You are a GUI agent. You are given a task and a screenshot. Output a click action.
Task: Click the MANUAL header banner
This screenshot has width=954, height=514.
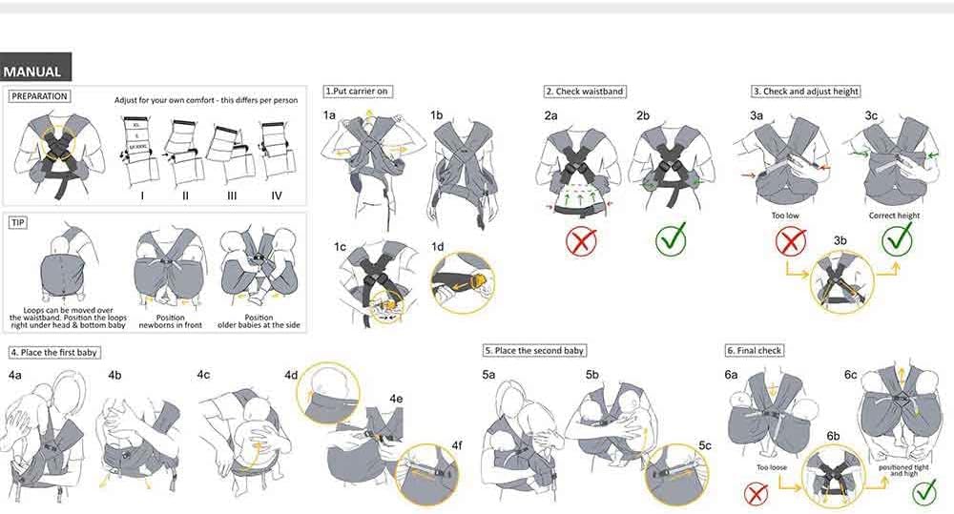tap(34, 72)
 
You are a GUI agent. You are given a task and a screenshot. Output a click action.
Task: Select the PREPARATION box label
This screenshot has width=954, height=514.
tap(39, 96)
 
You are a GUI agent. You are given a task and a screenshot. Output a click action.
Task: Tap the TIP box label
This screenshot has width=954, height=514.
tap(18, 222)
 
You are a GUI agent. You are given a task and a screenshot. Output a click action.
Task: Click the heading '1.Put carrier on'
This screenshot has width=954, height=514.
tap(358, 92)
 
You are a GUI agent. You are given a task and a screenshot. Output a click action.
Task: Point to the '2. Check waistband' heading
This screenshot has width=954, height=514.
tap(585, 92)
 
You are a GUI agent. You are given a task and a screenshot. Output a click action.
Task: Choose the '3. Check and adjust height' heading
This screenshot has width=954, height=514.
tap(805, 92)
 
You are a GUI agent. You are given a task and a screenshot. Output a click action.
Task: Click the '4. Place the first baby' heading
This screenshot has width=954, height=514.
tap(54, 353)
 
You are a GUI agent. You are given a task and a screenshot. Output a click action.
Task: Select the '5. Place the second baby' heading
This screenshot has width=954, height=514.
tap(534, 351)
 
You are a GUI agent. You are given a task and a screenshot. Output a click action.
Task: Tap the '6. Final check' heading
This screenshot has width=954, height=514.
tap(755, 351)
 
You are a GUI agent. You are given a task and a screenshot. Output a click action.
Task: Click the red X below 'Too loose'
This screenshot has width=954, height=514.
tap(757, 493)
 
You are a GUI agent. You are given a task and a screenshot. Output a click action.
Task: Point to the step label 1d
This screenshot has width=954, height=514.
tap(437, 246)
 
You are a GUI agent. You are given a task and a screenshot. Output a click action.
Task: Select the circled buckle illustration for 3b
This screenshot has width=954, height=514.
tap(840, 280)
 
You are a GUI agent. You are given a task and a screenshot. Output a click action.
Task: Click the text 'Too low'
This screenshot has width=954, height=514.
tap(785, 216)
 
